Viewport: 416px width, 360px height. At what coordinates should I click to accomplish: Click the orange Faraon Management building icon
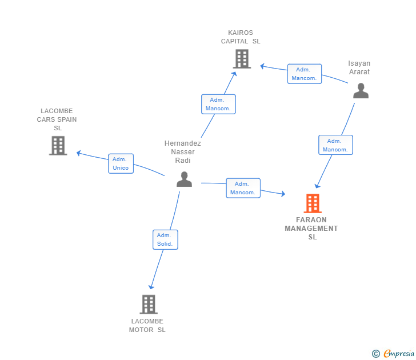(x=312, y=203)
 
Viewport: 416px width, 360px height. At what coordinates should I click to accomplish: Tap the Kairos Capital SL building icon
(x=242, y=58)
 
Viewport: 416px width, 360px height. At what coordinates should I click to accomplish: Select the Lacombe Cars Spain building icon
(x=58, y=146)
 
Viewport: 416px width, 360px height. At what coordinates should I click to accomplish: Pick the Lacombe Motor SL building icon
(x=148, y=304)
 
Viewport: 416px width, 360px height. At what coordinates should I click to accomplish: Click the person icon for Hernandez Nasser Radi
(x=184, y=179)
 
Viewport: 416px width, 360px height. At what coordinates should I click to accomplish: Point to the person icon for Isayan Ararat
(x=361, y=91)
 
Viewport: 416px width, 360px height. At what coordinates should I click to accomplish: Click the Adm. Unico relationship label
(x=121, y=163)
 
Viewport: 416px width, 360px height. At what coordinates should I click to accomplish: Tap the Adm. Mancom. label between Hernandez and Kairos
(x=218, y=104)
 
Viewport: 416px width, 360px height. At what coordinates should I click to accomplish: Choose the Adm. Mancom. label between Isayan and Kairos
(x=304, y=74)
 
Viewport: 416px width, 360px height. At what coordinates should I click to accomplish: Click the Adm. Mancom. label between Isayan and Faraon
(x=335, y=145)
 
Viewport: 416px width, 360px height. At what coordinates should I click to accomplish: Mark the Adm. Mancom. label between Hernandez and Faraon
(x=243, y=188)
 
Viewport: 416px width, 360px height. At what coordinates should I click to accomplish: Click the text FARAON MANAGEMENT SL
(x=311, y=228)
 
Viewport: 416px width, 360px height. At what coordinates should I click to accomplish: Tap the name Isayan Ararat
(x=359, y=67)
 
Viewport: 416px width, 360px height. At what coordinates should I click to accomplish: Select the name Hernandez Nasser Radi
(x=183, y=151)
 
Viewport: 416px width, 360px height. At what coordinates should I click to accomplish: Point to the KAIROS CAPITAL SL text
(x=241, y=37)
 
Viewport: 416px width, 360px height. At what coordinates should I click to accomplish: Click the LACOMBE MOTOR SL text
(x=147, y=325)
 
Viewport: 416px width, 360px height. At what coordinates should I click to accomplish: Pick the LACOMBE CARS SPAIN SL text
(x=57, y=119)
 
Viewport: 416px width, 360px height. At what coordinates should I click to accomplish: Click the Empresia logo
(x=398, y=354)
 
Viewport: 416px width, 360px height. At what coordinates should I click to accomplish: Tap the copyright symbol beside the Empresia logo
(x=375, y=354)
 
